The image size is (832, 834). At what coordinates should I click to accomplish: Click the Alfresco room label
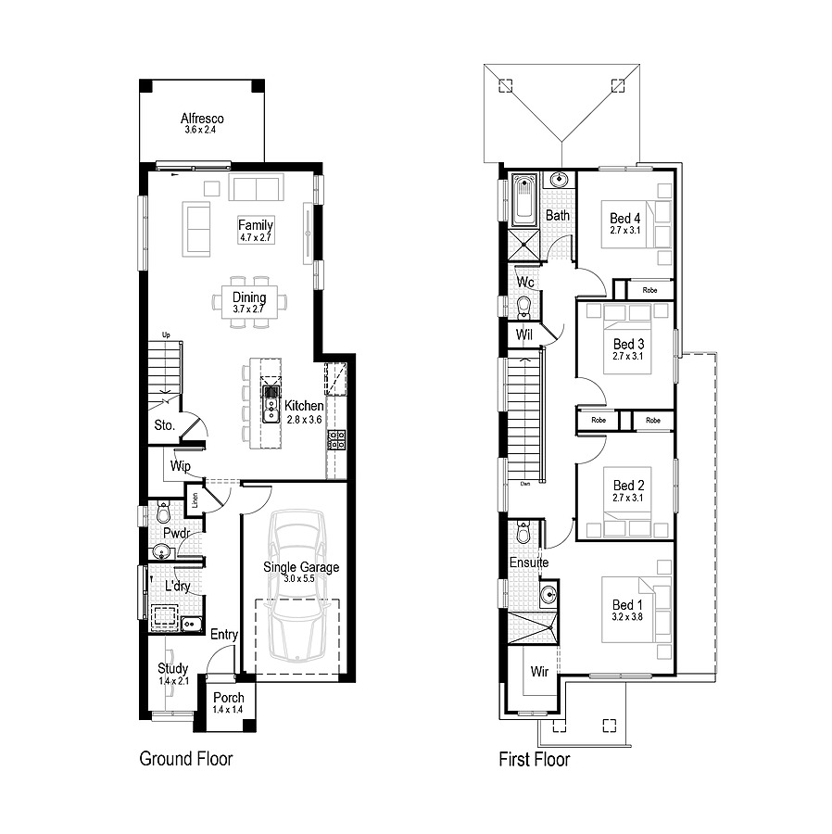coord(202,119)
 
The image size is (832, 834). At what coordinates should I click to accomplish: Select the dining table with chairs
coord(249,300)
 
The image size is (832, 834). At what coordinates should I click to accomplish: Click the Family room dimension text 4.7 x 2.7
coord(256,238)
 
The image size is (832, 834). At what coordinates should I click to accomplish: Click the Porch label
coord(229,698)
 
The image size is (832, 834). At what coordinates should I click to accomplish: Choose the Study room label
coord(172,668)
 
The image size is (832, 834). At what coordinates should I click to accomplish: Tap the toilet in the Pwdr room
coord(163,512)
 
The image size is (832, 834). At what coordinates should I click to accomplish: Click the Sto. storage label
coord(164,426)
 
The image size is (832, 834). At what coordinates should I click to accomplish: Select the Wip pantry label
coord(180,467)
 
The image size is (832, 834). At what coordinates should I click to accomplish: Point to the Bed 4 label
coord(625,218)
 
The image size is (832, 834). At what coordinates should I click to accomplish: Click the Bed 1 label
coord(626,605)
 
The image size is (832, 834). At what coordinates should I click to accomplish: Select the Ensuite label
coord(529,562)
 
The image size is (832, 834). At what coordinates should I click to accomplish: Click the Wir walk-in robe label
coord(540,671)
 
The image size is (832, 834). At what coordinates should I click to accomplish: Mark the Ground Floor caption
coord(185,759)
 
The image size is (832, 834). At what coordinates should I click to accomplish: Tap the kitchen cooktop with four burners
coord(336,440)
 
